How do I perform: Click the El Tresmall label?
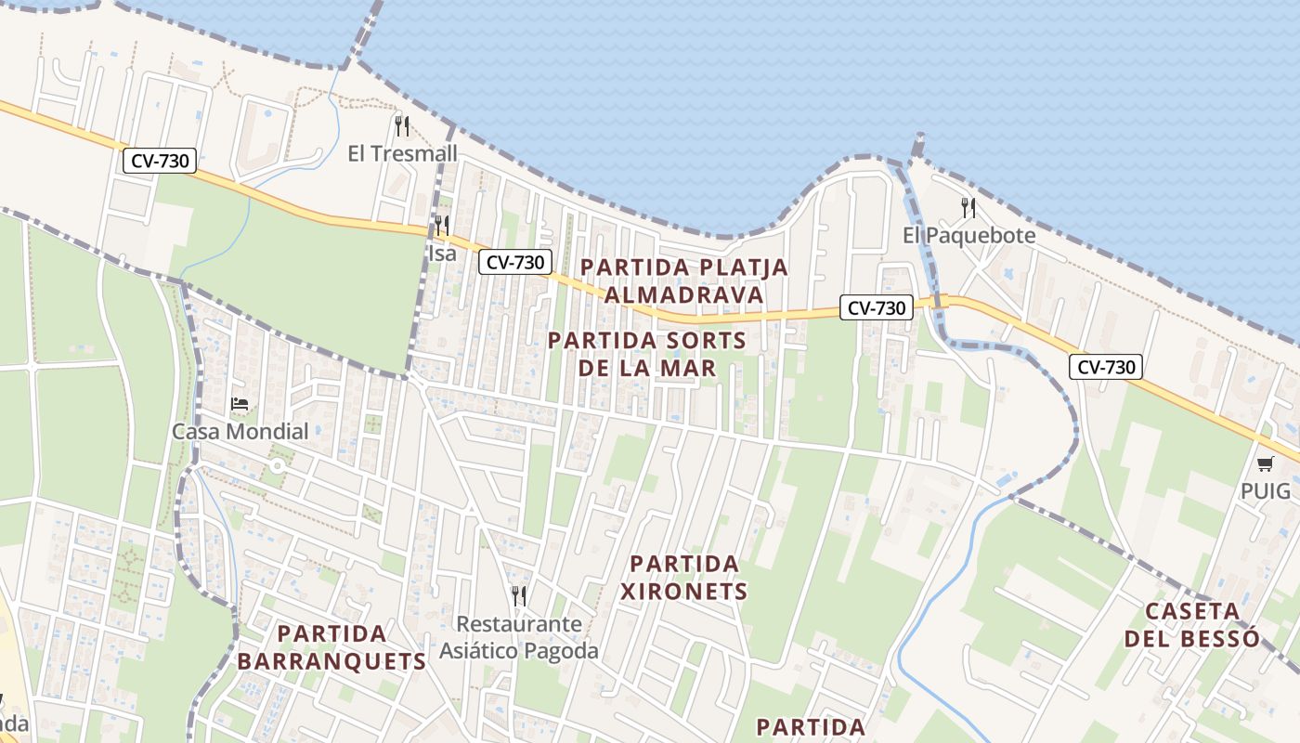(x=402, y=153)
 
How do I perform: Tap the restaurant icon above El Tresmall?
(x=402, y=125)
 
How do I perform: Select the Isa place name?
(x=442, y=253)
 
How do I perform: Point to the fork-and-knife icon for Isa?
(x=442, y=225)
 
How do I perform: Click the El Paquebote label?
(x=968, y=235)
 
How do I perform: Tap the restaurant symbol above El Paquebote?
(x=968, y=206)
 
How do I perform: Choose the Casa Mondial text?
(x=240, y=431)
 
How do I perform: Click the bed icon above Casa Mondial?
(x=240, y=404)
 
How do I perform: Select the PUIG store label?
(x=1266, y=490)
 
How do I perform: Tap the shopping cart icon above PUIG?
(x=1266, y=463)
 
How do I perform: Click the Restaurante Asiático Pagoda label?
(x=519, y=637)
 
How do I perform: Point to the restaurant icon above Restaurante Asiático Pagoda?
(x=519, y=595)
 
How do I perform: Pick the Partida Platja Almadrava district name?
(x=684, y=280)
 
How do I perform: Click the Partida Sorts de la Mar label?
(x=647, y=354)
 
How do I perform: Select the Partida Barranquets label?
(x=331, y=647)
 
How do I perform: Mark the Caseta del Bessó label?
(x=1192, y=624)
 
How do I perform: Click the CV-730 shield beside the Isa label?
(x=515, y=263)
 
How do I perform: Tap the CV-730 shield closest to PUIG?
(x=1105, y=367)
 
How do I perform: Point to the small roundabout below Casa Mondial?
(x=276, y=466)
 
